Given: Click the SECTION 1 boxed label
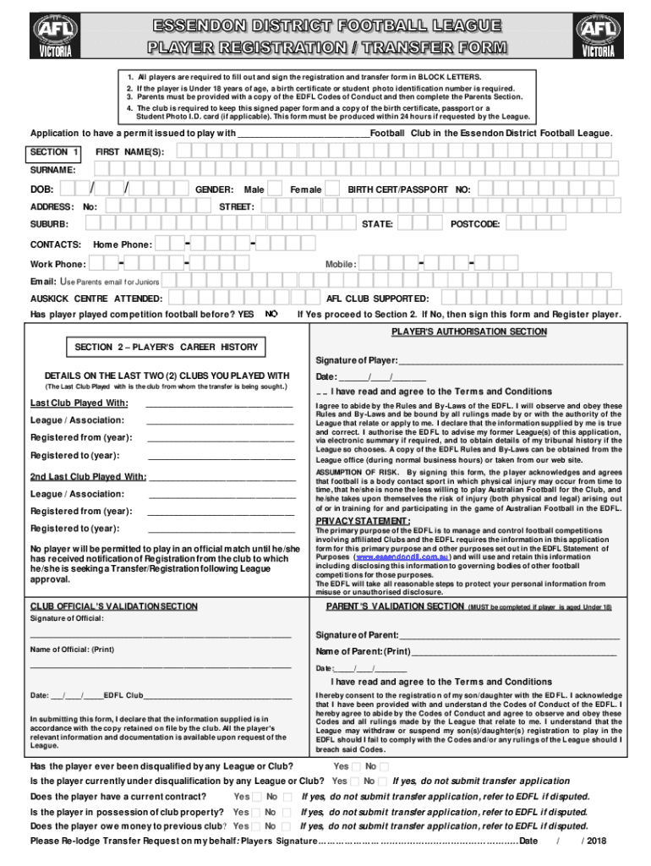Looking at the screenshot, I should click(55, 151).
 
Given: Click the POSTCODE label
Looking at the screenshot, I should click(474, 224).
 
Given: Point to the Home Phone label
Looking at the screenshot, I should click(123, 244).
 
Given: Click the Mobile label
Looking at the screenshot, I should click(341, 265).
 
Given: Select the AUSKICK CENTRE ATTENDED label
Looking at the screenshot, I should click(96, 299).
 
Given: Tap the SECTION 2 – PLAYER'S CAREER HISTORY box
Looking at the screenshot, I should click(167, 347).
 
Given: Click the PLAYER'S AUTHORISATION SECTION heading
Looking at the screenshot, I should click(468, 332).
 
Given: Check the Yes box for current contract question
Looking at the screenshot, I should click(256, 797).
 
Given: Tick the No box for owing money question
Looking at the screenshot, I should click(287, 826).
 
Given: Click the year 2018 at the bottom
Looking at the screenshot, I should click(595, 841).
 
